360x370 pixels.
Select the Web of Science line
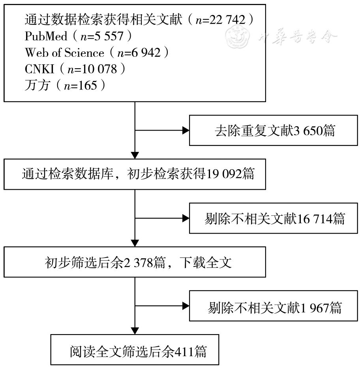pyautogui.click(x=97, y=52)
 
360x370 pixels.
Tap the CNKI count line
pyautogui.click(x=75, y=69)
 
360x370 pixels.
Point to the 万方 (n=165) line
pyautogui.click(x=65, y=85)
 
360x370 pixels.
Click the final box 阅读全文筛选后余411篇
pyautogui.click(x=135, y=350)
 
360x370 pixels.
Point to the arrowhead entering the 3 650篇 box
pyautogui.click(x=185, y=131)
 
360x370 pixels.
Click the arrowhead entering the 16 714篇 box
pyautogui.click(x=185, y=218)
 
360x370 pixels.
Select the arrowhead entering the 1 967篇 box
pyautogui.click(x=185, y=306)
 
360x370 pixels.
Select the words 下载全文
pyautogui.click(x=206, y=262)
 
